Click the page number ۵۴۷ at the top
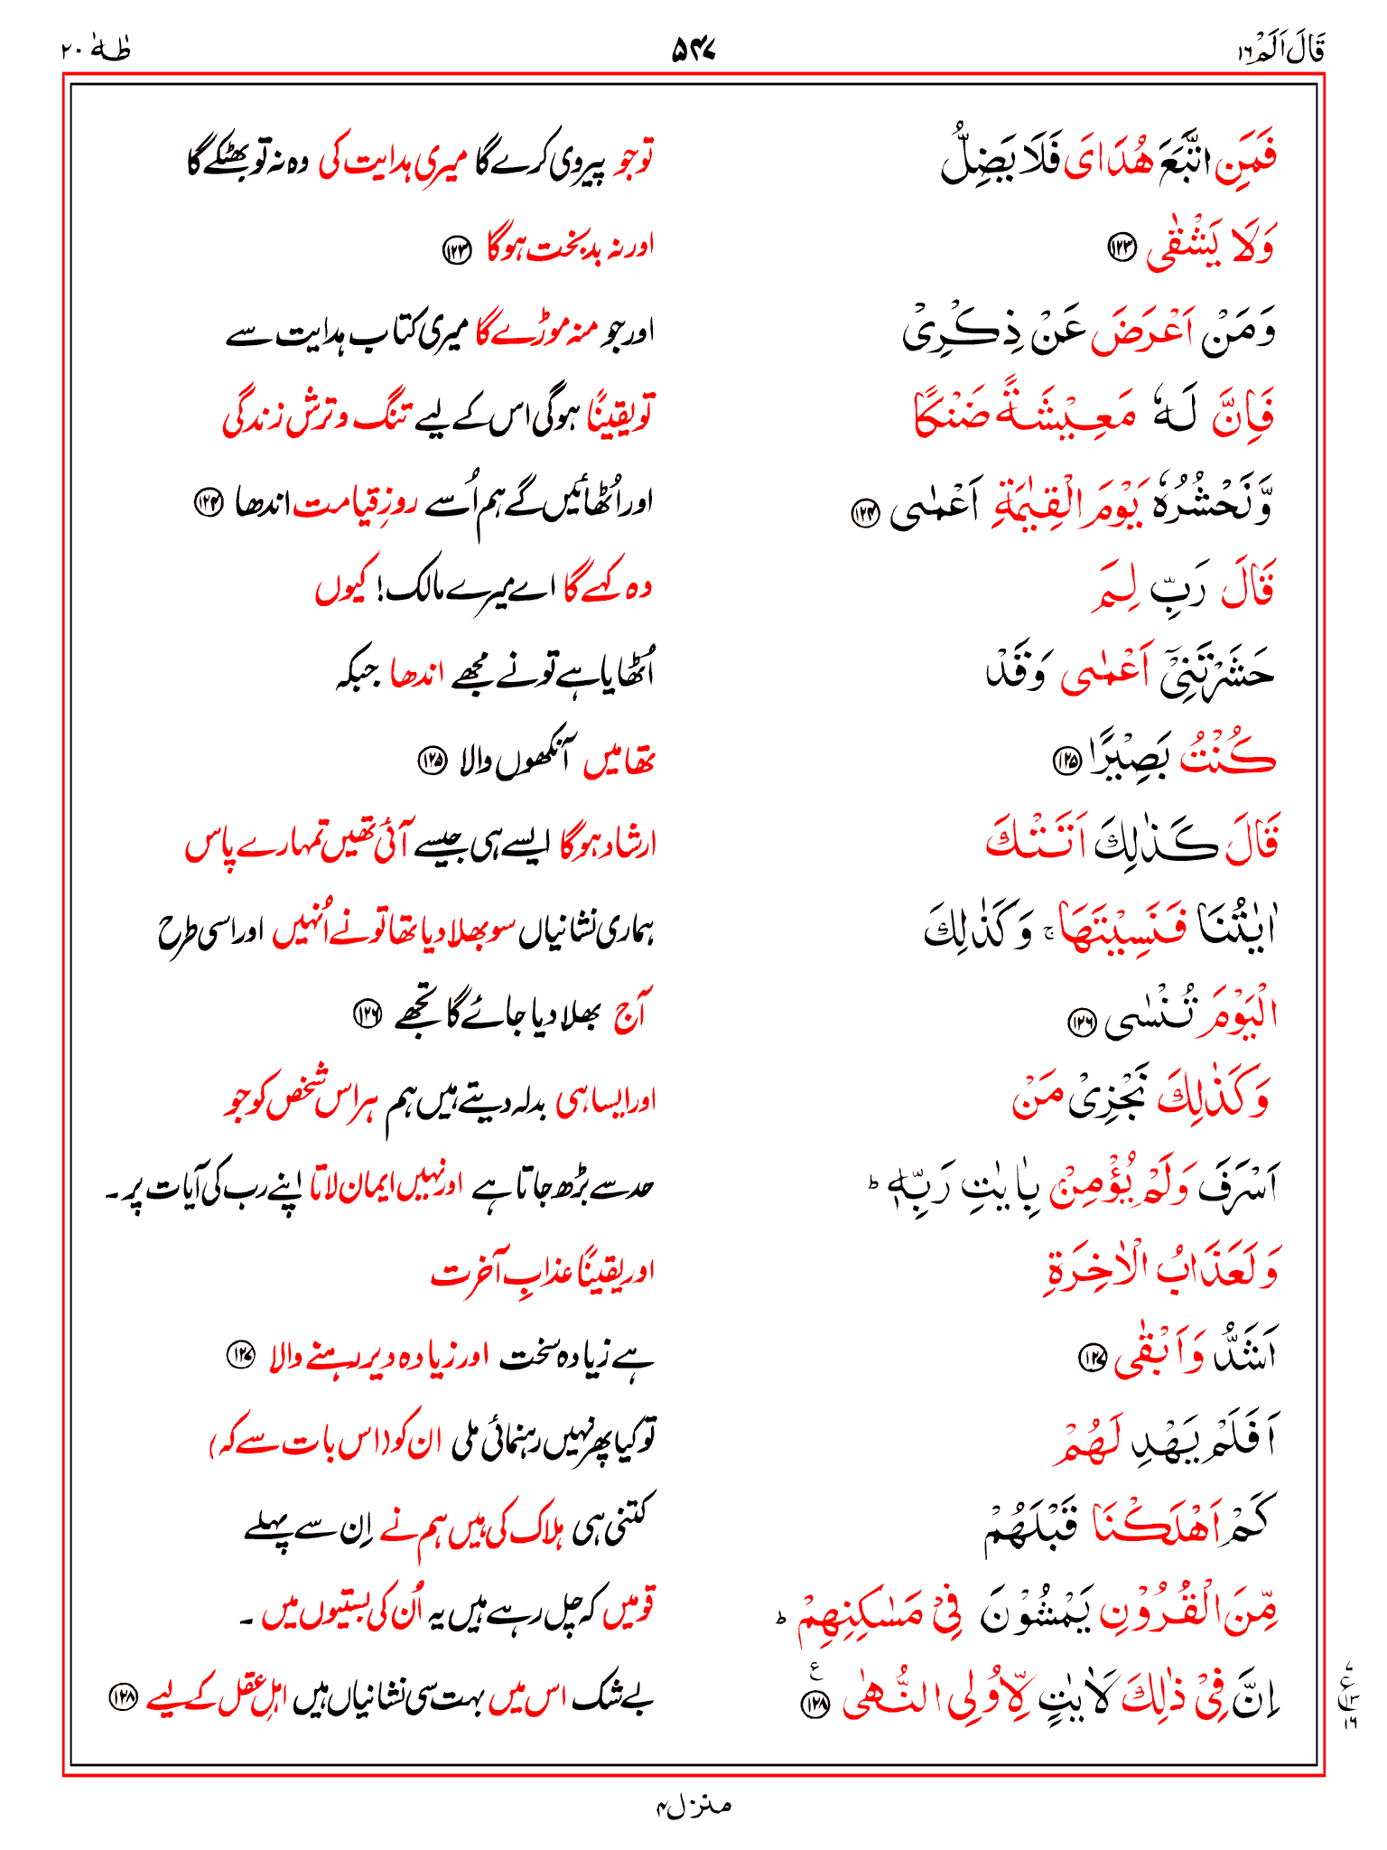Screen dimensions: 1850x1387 (x=693, y=51)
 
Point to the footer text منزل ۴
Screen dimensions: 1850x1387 (x=693, y=1806)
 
